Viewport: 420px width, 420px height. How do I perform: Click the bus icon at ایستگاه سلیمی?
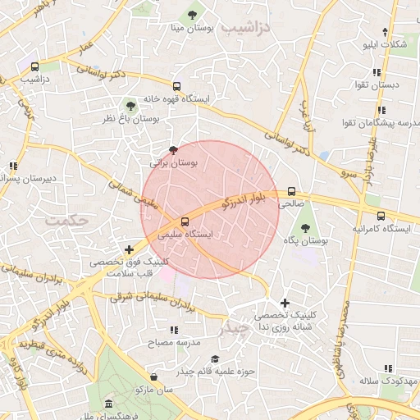click(x=184, y=221)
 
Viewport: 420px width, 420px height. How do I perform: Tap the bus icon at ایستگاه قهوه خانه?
click(x=176, y=85)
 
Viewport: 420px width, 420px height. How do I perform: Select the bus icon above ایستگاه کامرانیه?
click(x=380, y=216)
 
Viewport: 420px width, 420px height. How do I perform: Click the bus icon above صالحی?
click(x=291, y=191)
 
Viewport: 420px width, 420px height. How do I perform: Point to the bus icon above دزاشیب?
click(x=34, y=66)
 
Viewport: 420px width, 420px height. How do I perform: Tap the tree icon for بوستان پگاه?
click(x=306, y=228)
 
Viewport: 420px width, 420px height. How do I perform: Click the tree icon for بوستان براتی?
click(x=172, y=150)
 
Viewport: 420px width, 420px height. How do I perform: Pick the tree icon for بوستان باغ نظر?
click(x=130, y=105)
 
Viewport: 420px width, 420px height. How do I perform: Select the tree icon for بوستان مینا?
click(x=193, y=15)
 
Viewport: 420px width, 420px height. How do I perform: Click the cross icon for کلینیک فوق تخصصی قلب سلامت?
click(x=129, y=249)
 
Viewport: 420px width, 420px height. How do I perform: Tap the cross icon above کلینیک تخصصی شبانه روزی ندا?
click(x=285, y=303)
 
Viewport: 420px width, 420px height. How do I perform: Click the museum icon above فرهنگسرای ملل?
click(x=109, y=405)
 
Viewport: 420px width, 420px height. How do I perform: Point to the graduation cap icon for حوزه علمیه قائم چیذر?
click(x=215, y=358)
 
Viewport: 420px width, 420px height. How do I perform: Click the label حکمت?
click(x=67, y=221)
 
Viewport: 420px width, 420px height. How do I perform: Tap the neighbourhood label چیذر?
click(x=233, y=329)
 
